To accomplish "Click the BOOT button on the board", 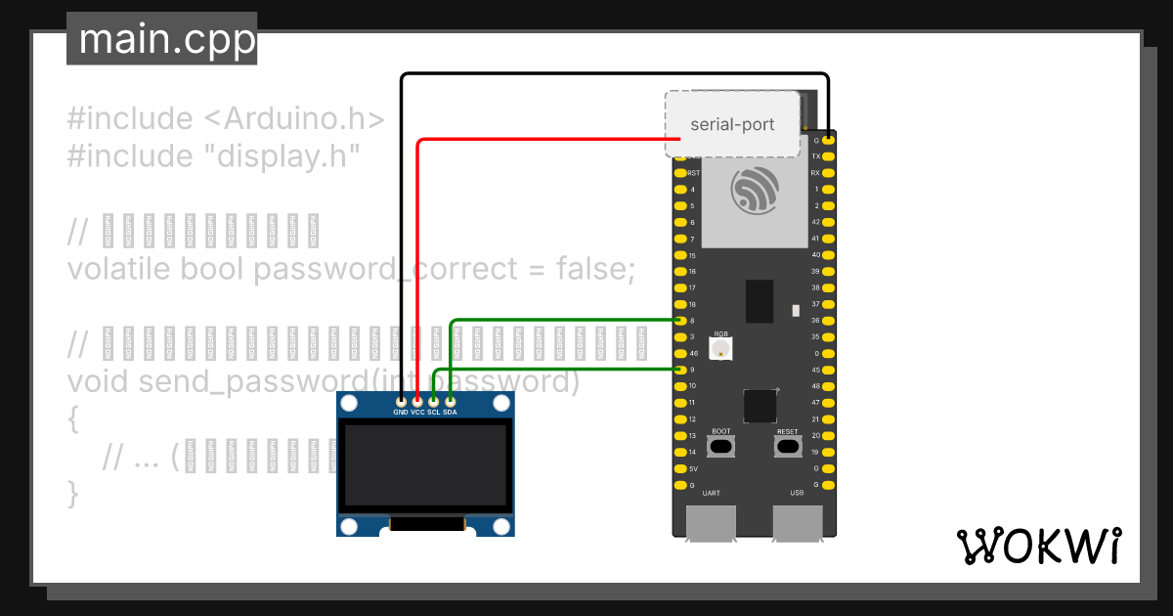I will pyautogui.click(x=721, y=447).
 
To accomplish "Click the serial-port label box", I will pyautogui.click(x=732, y=124).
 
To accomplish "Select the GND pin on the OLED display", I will pyautogui.click(x=401, y=401).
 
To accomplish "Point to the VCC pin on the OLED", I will pyautogui.click(x=417, y=401).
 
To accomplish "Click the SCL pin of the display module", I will pyautogui.click(x=434, y=401).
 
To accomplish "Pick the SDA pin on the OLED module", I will pyautogui.click(x=450, y=401).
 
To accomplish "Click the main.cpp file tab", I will pyautogui.click(x=162, y=39).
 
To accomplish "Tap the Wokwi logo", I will pyautogui.click(x=1037, y=546).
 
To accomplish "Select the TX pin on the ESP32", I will pyautogui.click(x=828, y=156).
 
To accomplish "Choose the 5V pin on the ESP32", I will pyautogui.click(x=680, y=468).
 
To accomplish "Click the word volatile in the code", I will pyautogui.click(x=120, y=268).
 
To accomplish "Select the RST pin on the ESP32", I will pyautogui.click(x=680, y=173).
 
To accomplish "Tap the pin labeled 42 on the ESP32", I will pyautogui.click(x=828, y=222).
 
